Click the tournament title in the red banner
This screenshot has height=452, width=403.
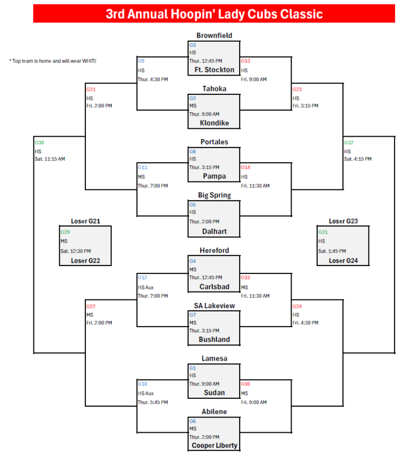214,14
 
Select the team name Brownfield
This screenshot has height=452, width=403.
214,36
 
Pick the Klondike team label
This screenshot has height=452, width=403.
214,123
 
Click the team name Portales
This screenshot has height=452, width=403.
214,142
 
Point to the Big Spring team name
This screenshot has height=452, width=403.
214,195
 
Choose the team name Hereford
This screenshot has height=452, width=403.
214,250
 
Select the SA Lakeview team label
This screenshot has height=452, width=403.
214,306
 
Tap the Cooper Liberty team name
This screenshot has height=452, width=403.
214,445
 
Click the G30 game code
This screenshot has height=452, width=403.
39,143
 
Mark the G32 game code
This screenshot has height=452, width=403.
349,143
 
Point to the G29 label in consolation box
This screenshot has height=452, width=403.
65,232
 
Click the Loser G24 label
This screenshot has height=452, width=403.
343,260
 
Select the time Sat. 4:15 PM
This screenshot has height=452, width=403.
358,159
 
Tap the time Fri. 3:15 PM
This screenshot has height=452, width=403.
305,106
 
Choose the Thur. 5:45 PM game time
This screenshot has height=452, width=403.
153,402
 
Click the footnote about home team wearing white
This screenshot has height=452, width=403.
53,60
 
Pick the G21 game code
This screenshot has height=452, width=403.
90,90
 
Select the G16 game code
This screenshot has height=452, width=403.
245,384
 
